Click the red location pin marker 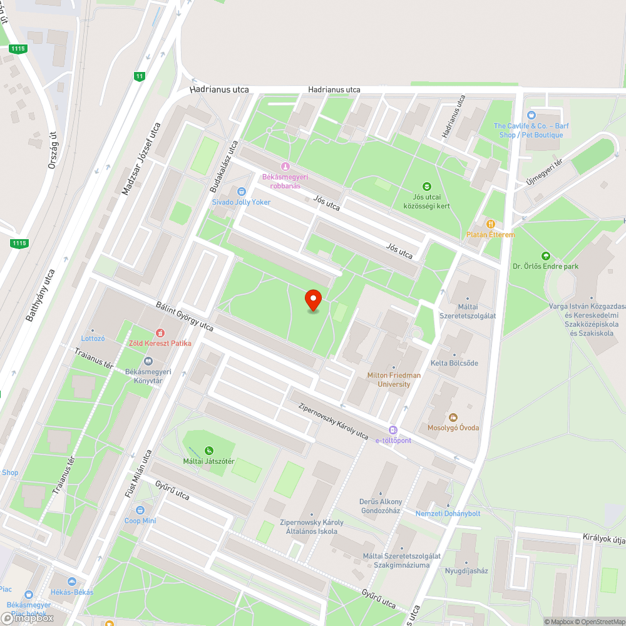coord(313,300)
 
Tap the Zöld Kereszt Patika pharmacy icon coord(160,332)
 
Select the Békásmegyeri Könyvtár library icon coord(148,361)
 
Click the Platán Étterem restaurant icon coord(491,224)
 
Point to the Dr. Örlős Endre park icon coord(546,255)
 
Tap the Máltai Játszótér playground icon coord(208,450)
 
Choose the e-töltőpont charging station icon coord(393,429)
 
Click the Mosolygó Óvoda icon coord(453,417)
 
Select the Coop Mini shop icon coord(140,510)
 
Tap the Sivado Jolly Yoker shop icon coord(241,192)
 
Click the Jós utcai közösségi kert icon coord(427,186)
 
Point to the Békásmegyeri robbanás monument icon coord(285,167)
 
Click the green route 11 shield coord(139,76)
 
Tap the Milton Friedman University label coord(394,379)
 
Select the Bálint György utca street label coord(185,318)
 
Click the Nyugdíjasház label coord(466,570)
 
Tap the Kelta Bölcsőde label coord(454,363)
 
